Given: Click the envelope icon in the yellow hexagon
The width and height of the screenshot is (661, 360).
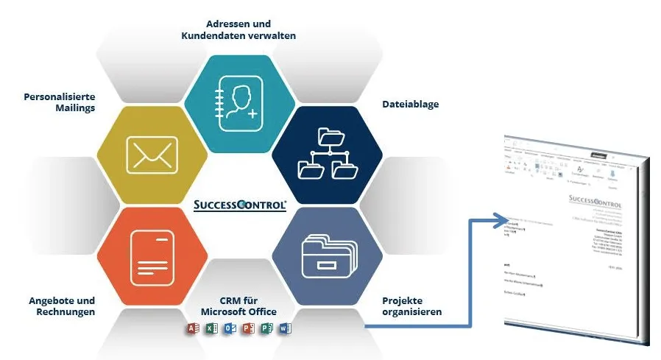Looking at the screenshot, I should point(152,155).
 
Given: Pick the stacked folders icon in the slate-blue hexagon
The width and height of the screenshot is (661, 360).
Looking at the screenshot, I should point(328,255).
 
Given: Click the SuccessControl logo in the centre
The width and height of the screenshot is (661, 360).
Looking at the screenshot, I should point(240,205).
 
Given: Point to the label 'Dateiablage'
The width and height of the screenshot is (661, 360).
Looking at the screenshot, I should point(411,105).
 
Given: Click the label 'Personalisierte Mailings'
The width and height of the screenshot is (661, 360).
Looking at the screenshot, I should point(60,102).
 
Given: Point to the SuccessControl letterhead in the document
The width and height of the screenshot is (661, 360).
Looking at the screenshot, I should point(595,204).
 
